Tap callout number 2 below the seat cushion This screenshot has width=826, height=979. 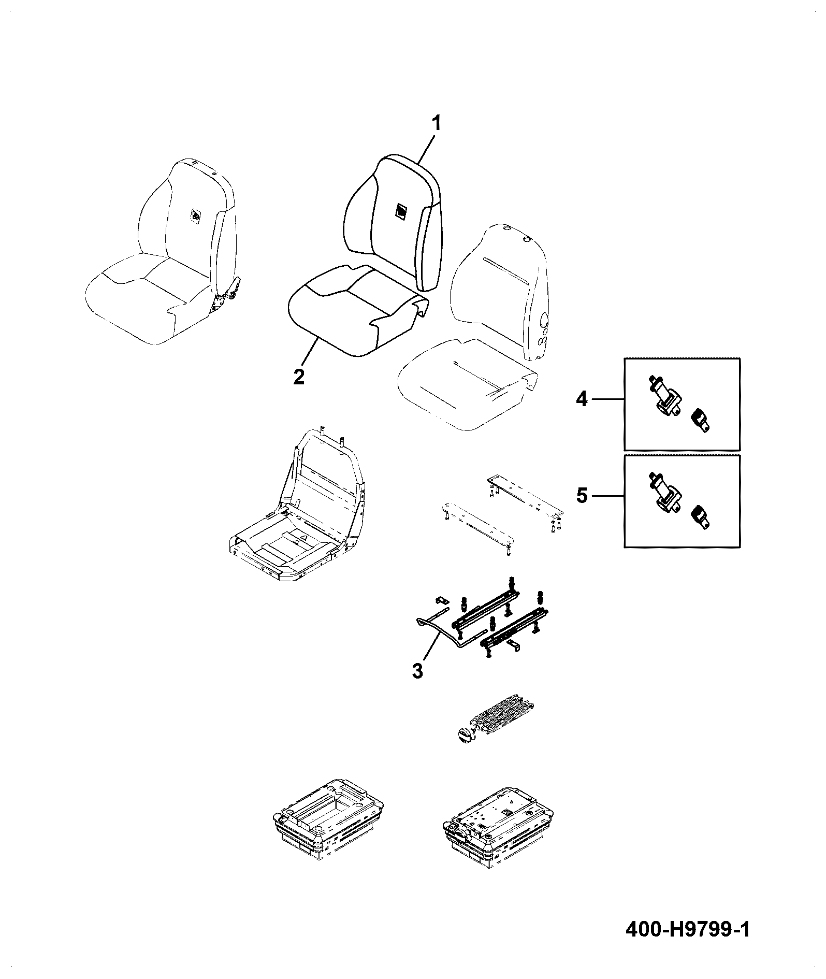[299, 377]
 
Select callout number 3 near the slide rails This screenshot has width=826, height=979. [417, 671]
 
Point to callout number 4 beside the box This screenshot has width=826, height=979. [582, 399]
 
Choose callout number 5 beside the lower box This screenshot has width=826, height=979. [582, 496]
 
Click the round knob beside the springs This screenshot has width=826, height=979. [465, 736]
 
